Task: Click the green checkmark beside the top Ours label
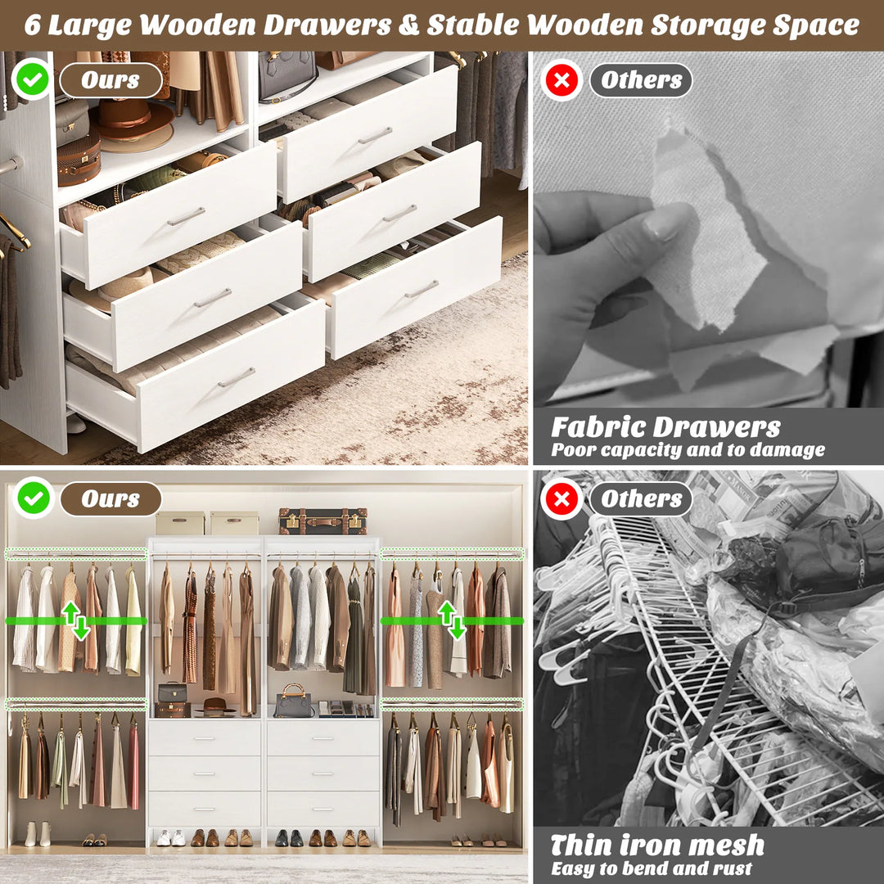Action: (32, 79)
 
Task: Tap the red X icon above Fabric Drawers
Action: (562, 80)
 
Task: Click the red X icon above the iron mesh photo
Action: (562, 499)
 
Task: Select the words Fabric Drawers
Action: (665, 427)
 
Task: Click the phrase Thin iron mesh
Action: (657, 845)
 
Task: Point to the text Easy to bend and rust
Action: (651, 868)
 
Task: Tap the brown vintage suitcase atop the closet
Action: (322, 521)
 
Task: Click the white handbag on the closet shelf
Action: (293, 703)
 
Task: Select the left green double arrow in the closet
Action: (74, 620)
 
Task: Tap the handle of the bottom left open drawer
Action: (237, 377)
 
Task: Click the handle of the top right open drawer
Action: (375, 136)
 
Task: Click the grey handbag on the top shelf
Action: (286, 75)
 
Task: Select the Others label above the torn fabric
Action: (641, 80)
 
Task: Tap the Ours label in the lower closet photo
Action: (110, 499)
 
